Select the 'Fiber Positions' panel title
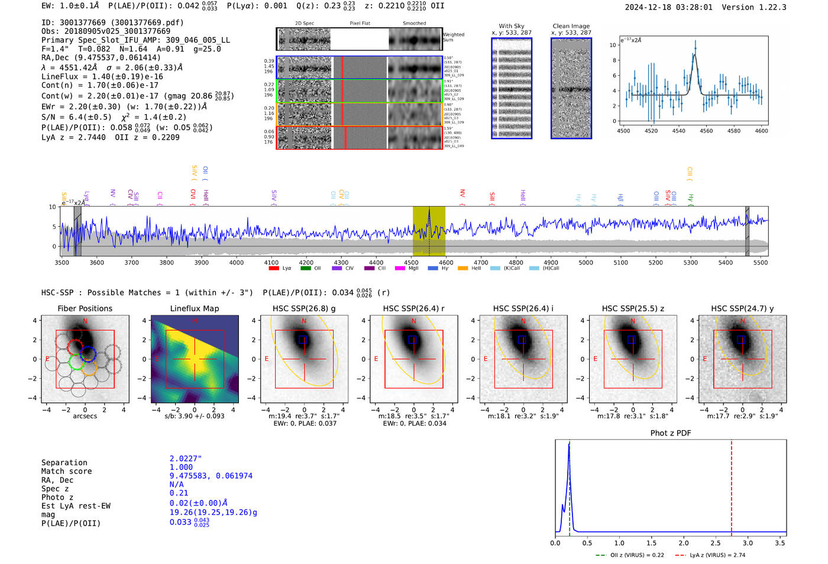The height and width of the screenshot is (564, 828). (85, 308)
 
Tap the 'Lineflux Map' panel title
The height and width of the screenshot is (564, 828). (195, 308)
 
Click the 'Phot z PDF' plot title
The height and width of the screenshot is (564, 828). (671, 433)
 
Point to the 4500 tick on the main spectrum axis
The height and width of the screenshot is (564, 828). (411, 262)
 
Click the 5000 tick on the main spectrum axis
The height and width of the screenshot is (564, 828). (586, 262)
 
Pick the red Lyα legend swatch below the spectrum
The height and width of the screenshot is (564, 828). (274, 269)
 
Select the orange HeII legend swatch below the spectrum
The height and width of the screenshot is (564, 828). (462, 269)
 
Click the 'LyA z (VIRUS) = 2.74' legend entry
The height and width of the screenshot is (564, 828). (710, 555)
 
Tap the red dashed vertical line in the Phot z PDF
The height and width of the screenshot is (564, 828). (732, 485)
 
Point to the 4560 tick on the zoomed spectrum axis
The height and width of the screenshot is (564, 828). (706, 131)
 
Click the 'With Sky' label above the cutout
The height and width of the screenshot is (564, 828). (512, 26)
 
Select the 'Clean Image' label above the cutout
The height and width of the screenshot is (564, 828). (571, 26)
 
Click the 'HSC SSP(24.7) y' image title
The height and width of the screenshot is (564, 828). (742, 308)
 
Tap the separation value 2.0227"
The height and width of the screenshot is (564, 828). (186, 459)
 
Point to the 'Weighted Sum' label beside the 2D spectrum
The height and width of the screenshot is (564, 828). (453, 37)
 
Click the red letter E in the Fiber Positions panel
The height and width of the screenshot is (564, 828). (47, 359)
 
